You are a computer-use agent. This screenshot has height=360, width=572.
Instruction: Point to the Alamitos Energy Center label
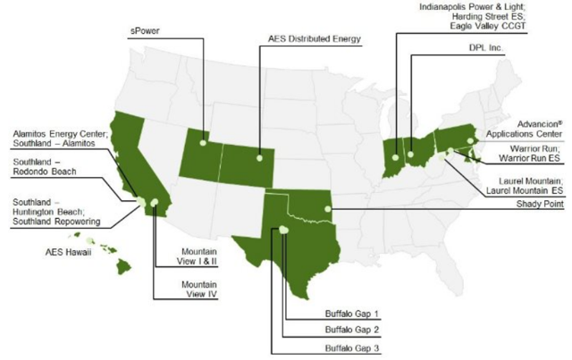pyautogui.click(x=49, y=133)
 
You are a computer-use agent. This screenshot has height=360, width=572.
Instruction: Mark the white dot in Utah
pyautogui.click(x=204, y=143)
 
